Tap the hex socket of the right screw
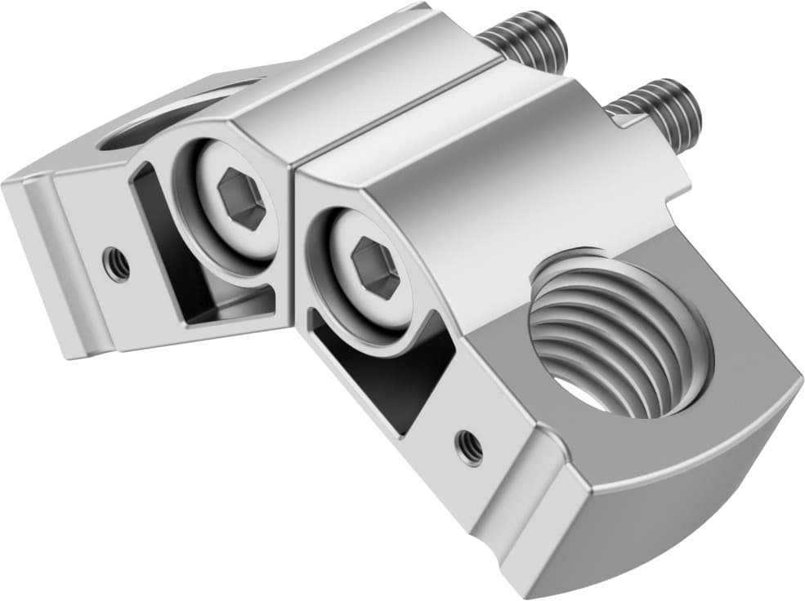pyautogui.click(x=375, y=269)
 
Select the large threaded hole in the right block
pyautogui.click(x=619, y=335)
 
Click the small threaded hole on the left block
pyautogui.click(x=116, y=264)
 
